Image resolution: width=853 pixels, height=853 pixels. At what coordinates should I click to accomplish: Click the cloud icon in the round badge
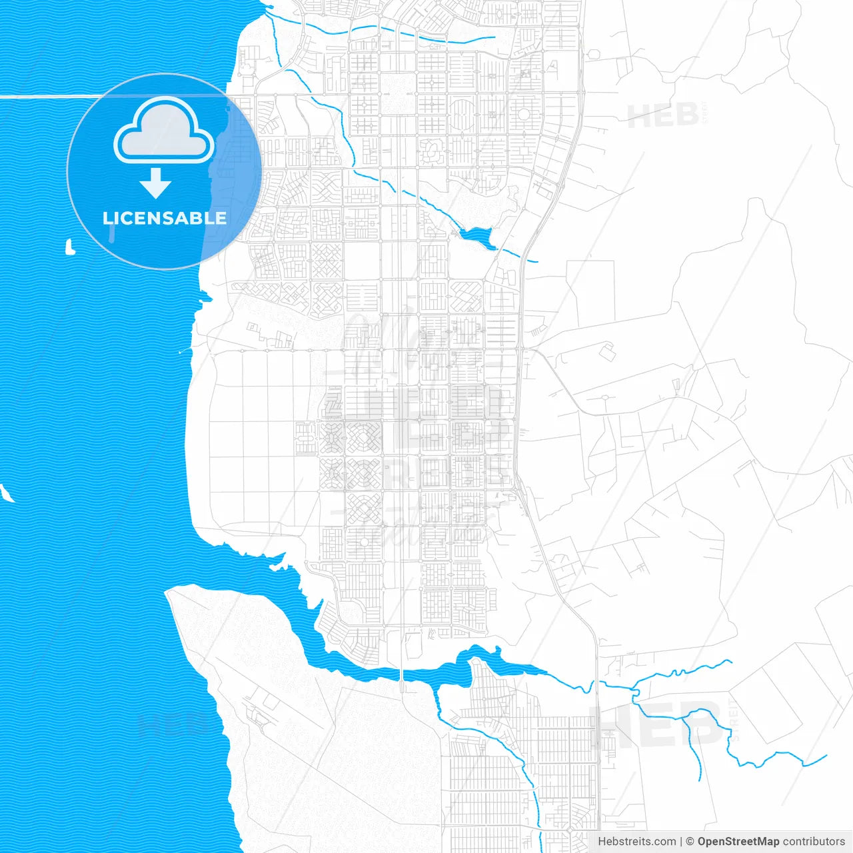(x=164, y=131)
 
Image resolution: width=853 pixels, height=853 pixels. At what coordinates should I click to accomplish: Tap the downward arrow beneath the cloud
(x=156, y=183)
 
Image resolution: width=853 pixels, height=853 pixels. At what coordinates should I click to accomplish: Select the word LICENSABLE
(x=165, y=219)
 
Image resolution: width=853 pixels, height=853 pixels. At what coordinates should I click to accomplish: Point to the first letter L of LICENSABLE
(x=107, y=219)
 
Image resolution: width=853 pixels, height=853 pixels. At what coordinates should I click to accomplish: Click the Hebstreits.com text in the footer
(x=636, y=842)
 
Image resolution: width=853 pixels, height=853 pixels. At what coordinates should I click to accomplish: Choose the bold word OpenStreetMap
(x=738, y=842)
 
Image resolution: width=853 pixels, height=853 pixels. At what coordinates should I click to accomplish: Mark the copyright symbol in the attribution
(x=690, y=842)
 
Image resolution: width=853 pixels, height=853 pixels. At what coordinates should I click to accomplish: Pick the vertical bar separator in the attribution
(x=681, y=842)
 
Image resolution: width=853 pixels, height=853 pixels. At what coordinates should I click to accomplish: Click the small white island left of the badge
(x=69, y=248)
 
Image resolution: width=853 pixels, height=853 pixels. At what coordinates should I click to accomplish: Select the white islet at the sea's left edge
(x=6, y=493)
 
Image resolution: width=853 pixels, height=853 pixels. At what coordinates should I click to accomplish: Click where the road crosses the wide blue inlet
(x=403, y=675)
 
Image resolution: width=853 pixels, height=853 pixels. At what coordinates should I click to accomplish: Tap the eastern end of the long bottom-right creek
(x=826, y=756)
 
